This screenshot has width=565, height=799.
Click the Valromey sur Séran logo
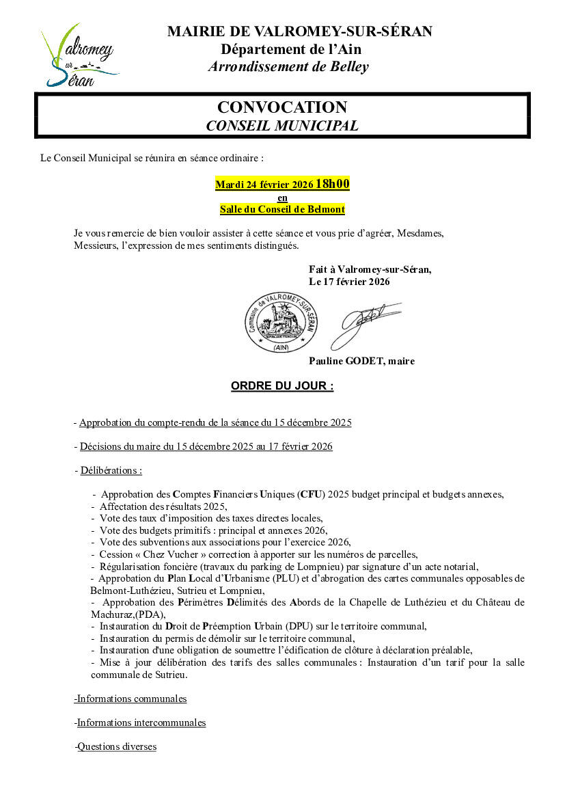(79, 56)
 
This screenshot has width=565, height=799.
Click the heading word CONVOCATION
(281, 107)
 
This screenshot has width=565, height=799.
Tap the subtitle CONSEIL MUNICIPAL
(281, 126)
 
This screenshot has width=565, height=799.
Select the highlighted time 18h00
(333, 184)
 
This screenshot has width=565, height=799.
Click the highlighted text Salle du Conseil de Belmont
(282, 209)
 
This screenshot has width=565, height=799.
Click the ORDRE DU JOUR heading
(282, 386)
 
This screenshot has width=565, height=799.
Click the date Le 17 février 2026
(349, 281)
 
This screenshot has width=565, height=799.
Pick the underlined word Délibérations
(111, 470)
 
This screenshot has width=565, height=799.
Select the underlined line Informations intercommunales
(141, 722)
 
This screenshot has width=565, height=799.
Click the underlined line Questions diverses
(116, 746)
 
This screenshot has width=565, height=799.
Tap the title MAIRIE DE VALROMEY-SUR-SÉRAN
(299, 31)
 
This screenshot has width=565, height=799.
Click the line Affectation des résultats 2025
(163, 506)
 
